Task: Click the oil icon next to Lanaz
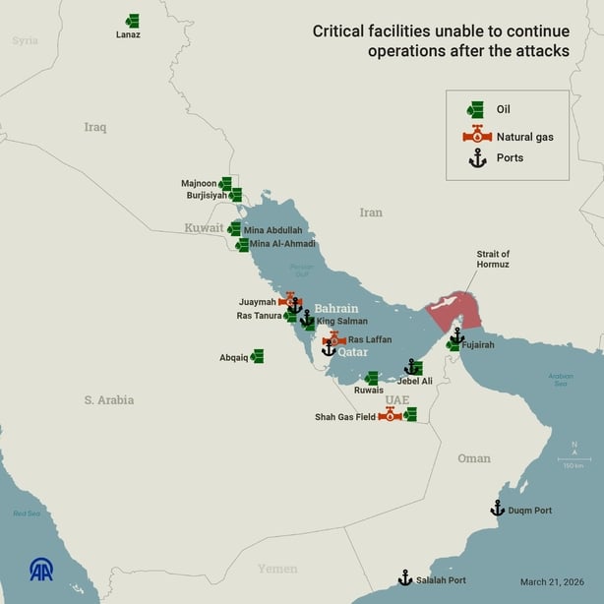(x=132, y=21)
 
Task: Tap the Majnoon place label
(x=198, y=183)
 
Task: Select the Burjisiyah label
(x=207, y=196)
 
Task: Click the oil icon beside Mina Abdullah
(x=234, y=228)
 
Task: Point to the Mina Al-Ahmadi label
(x=282, y=244)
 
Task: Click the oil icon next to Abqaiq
(x=257, y=356)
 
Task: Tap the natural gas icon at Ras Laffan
(x=333, y=338)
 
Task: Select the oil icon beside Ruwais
(x=372, y=378)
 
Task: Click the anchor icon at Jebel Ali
(x=413, y=367)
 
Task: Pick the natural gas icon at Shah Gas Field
(x=391, y=414)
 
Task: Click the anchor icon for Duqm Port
(x=498, y=509)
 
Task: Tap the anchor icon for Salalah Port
(x=404, y=577)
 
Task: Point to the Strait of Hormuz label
(x=492, y=259)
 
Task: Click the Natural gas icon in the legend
(x=477, y=135)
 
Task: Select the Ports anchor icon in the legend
(x=477, y=158)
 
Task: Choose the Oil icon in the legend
(x=476, y=110)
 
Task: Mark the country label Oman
(x=474, y=458)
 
